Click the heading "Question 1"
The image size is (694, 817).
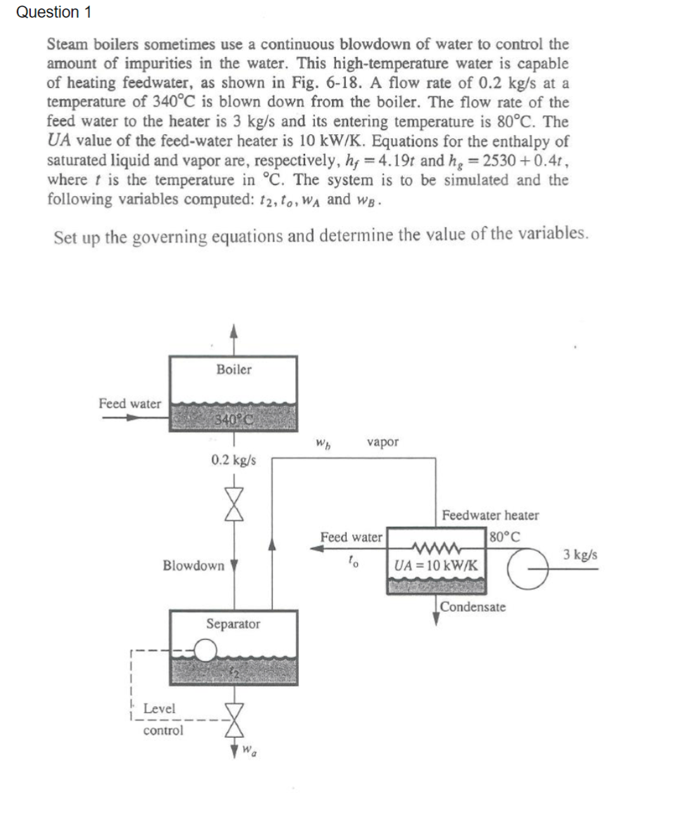point(47,12)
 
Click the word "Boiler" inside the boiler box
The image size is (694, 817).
point(233,370)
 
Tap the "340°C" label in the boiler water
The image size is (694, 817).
point(233,419)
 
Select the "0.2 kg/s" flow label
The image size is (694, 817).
point(233,461)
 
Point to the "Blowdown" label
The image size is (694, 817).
point(193,566)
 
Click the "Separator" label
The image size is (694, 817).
point(233,624)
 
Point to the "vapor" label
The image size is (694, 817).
point(383,442)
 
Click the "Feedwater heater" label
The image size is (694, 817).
point(490,515)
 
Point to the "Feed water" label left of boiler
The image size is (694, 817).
point(129,403)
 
